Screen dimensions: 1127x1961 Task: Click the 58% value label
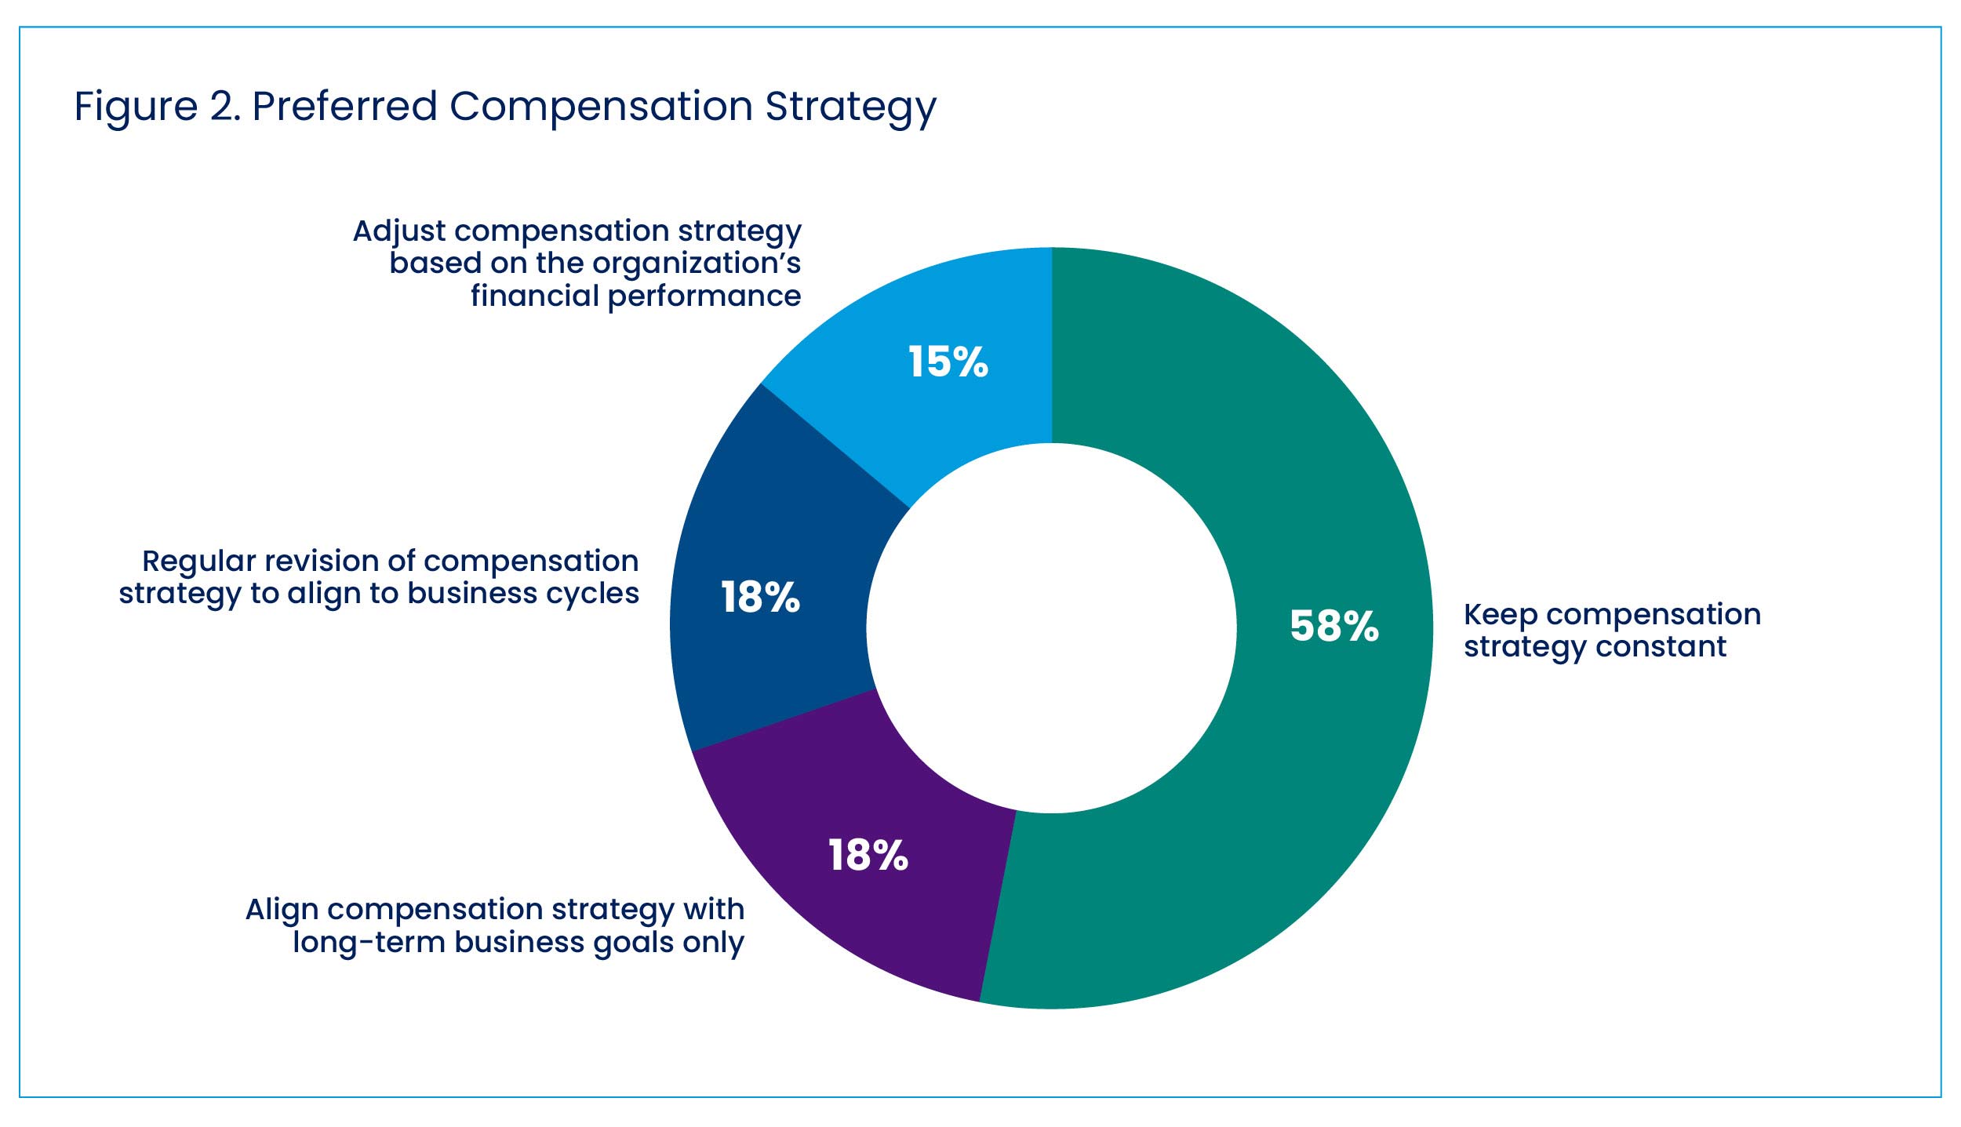1333,626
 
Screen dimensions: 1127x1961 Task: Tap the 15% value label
948,362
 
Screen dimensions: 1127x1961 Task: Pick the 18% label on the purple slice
868,855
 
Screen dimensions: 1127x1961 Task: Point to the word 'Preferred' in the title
344,106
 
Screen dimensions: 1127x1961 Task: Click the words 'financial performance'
635,296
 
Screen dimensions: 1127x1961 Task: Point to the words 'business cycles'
523,594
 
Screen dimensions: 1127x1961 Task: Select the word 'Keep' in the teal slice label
1499,615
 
